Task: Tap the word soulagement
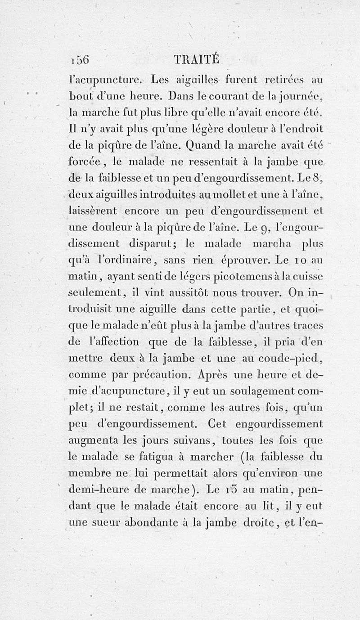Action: [x=257, y=390]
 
